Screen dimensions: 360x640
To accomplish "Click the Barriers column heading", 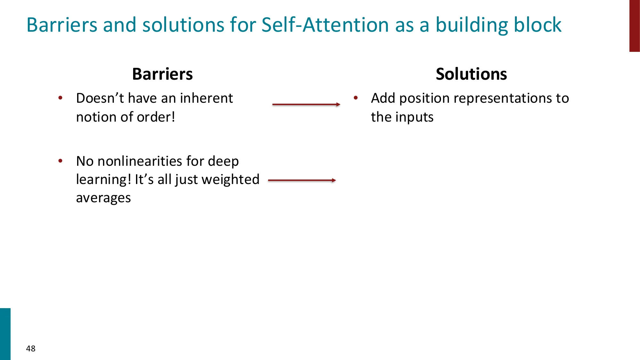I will [162, 74].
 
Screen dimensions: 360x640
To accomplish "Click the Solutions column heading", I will [471, 74].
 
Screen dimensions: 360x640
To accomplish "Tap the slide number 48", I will [31, 348].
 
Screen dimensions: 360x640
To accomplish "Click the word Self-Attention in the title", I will [325, 25].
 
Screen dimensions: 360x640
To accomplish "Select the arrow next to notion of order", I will [306, 104].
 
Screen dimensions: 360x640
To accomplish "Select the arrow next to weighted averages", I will [302, 180].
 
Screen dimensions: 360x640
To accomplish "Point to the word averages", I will [103, 198].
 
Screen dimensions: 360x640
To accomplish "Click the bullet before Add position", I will [356, 98].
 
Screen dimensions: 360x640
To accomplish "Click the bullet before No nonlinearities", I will [60, 161].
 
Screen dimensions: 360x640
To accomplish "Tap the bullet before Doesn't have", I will [60, 98].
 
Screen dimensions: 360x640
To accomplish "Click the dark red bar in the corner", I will [634, 26].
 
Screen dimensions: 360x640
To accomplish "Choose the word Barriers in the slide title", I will [62, 25].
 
